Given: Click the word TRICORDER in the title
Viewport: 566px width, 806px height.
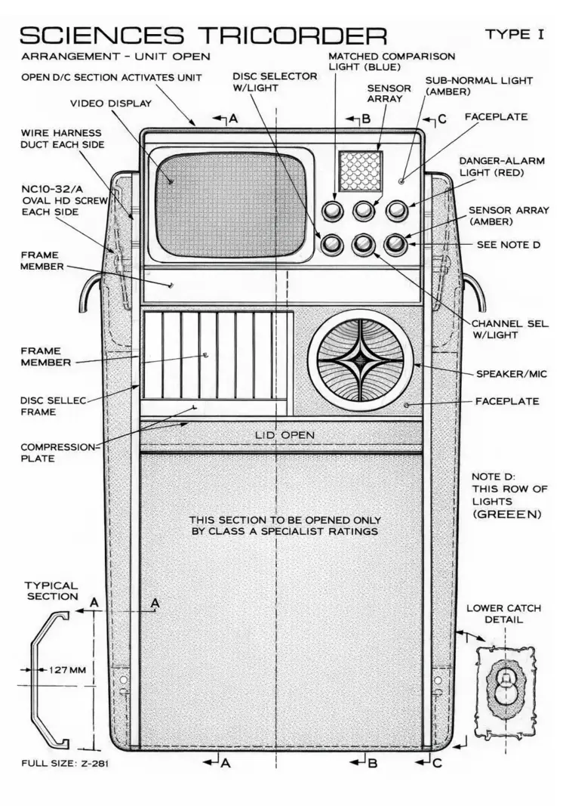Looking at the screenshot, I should pyautogui.click(x=291, y=36).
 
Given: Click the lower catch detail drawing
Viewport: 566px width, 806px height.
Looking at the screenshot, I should pyautogui.click(x=504, y=688).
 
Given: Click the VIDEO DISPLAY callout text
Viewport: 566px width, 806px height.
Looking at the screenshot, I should pyautogui.click(x=111, y=103).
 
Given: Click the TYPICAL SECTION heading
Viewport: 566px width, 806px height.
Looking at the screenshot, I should pyautogui.click(x=51, y=591).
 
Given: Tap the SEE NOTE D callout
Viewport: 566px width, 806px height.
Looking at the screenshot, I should pyautogui.click(x=508, y=245).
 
